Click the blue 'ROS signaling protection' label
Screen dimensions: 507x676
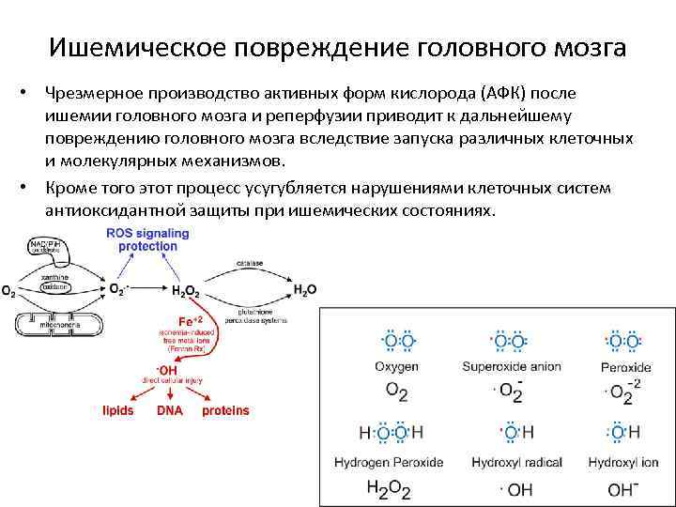coord(147,239)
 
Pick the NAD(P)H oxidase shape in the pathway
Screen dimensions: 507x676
coord(44,247)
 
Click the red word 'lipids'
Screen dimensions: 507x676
coord(118,410)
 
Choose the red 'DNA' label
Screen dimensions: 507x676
coord(170,410)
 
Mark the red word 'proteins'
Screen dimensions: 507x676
coord(226,410)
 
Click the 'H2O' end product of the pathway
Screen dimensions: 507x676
coord(305,291)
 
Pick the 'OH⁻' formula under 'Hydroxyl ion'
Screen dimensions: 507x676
coord(624,489)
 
